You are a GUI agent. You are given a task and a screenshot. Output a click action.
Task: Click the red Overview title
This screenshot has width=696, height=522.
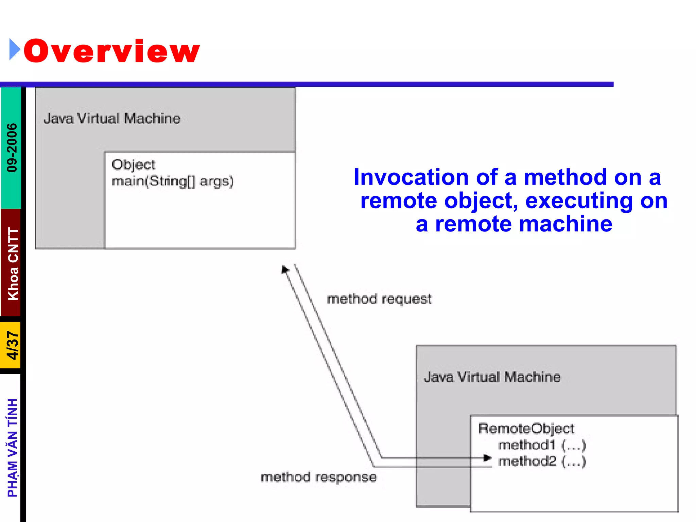111,51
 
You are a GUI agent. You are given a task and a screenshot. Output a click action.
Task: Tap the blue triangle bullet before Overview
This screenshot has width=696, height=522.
14,50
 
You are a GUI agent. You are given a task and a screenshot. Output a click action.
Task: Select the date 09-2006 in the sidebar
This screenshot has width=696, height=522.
12,147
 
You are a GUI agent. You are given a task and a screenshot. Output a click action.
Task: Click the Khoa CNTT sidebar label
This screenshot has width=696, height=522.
13,263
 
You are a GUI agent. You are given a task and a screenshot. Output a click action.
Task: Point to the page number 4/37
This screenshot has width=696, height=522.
12,345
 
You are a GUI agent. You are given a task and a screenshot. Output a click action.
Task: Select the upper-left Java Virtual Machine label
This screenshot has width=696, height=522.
112,118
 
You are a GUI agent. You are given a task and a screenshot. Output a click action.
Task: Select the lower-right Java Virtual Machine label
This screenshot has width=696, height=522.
492,377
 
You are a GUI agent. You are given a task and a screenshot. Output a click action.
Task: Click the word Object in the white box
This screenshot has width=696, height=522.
133,165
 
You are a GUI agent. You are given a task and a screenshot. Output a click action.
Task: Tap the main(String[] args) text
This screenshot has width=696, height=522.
172,181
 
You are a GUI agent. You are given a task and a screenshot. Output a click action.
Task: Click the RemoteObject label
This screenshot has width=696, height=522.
526,429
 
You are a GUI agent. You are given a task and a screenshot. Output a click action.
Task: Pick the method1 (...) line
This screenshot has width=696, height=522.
542,445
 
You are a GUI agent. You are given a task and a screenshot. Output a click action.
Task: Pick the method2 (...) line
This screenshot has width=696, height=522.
542,461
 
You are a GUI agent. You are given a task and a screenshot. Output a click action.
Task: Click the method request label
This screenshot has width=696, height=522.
379,299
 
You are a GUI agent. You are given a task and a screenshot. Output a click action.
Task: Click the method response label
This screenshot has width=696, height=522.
318,477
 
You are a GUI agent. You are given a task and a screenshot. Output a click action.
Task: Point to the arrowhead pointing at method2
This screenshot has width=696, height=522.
488,458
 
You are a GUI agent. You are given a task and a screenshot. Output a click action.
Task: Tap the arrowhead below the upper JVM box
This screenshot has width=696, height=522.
285,269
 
